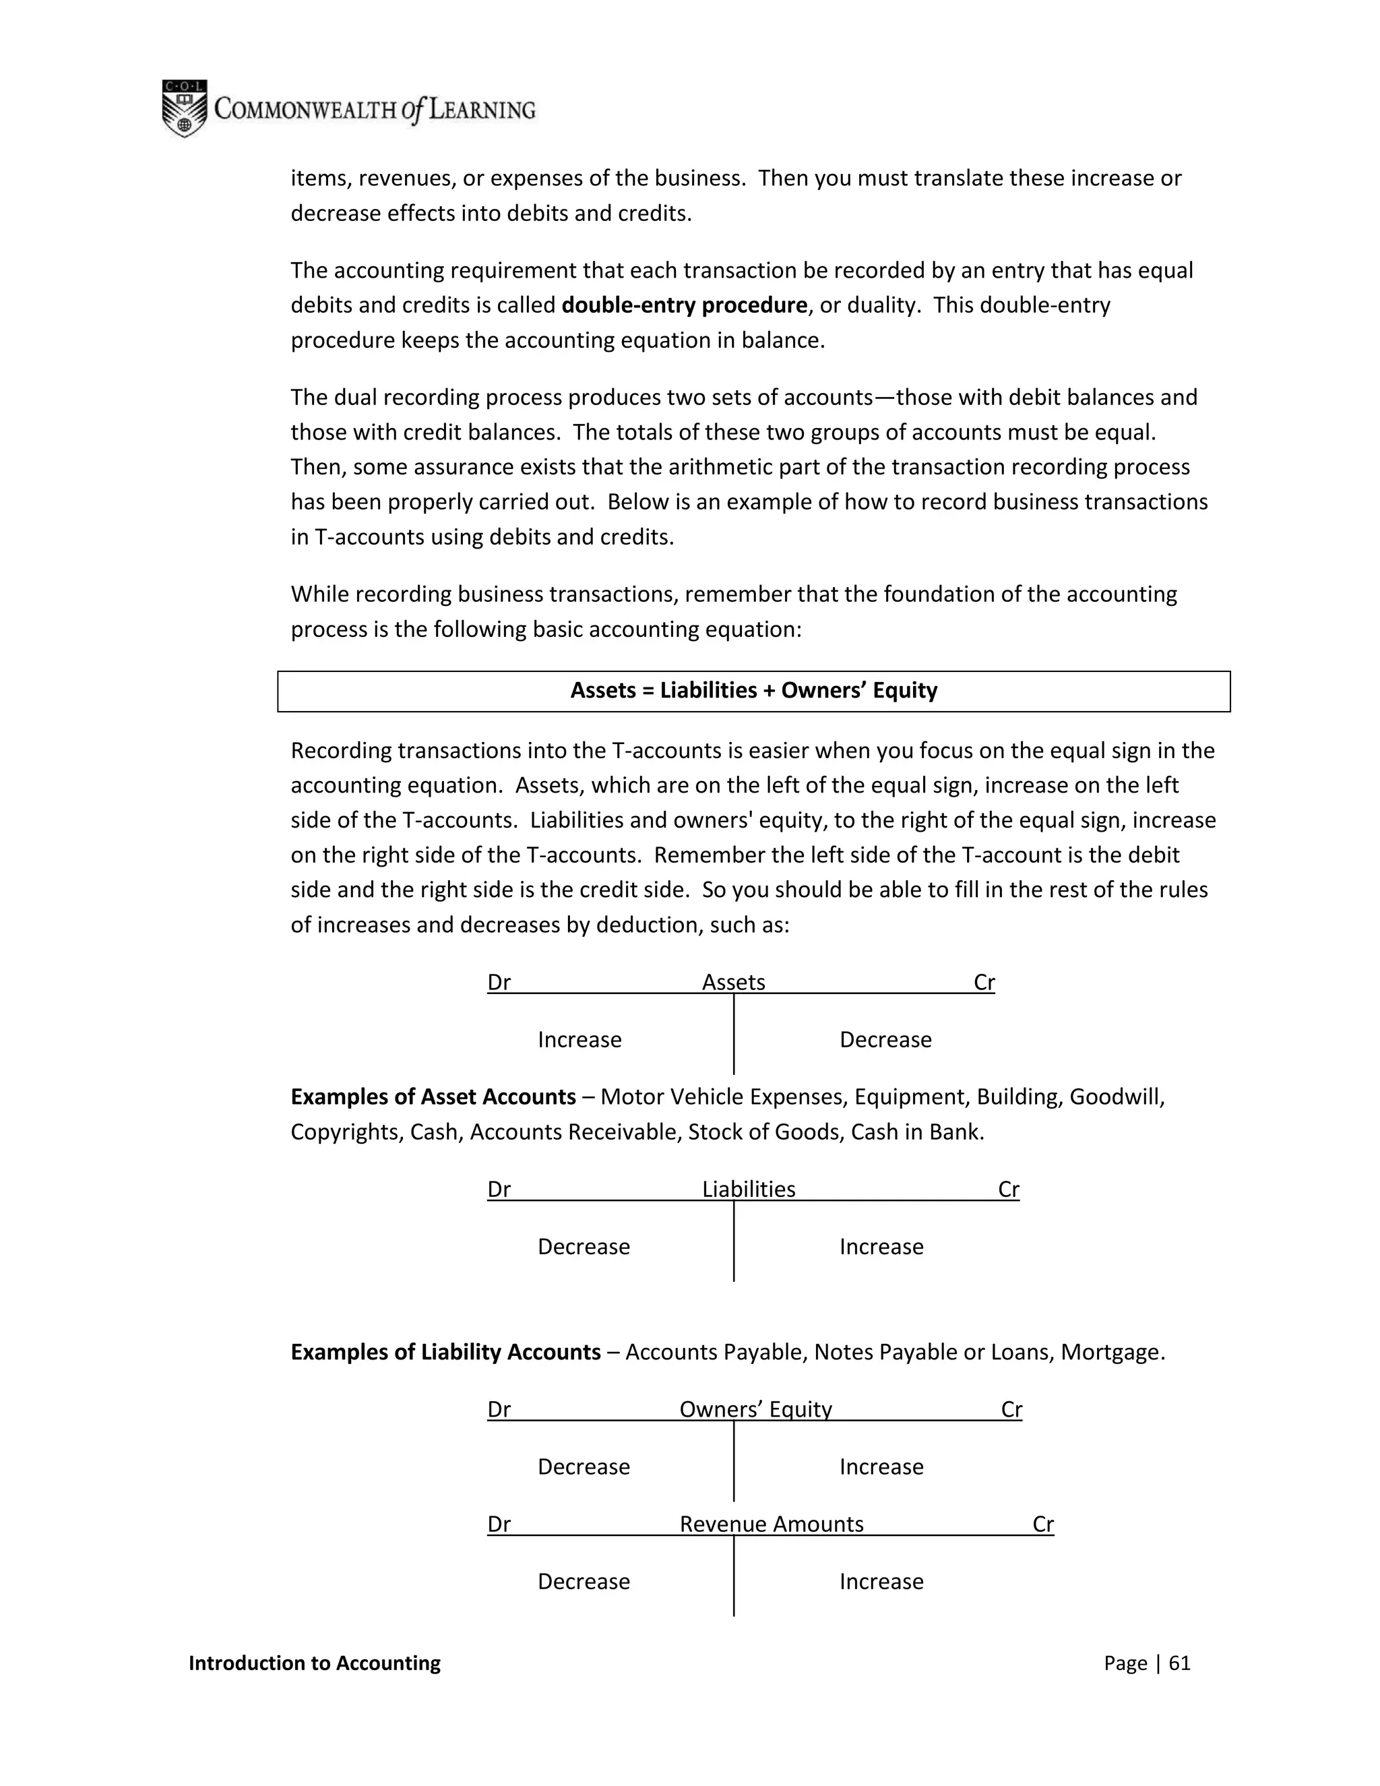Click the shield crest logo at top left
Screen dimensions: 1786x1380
[185, 108]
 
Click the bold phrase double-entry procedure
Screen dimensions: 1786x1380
[685, 305]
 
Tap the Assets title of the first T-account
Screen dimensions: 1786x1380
[733, 982]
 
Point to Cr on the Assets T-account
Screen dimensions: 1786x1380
[984, 982]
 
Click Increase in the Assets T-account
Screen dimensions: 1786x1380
[579, 1040]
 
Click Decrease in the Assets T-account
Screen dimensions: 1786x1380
[885, 1040]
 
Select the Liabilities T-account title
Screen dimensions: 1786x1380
[748, 1189]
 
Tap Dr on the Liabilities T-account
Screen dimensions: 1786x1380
[499, 1189]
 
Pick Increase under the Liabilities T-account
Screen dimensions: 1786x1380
[881, 1247]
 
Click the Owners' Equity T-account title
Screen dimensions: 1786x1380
[755, 1409]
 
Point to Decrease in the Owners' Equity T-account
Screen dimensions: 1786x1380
[584, 1467]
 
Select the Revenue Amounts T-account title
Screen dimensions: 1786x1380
[771, 1525]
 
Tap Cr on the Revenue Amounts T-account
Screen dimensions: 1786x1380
[1042, 1525]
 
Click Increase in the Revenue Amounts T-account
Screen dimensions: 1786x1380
[881, 1582]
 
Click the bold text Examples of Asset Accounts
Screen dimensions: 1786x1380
[433, 1097]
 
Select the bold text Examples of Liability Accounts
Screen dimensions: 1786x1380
[445, 1352]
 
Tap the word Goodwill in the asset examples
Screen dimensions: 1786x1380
[1115, 1097]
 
